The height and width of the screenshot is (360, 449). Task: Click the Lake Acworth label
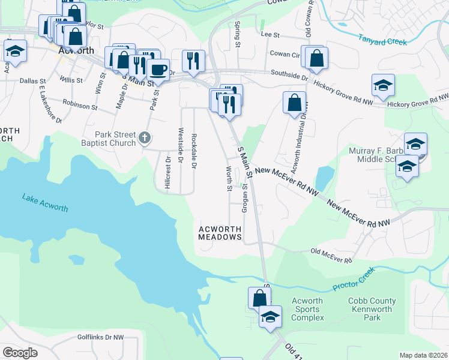tap(45, 202)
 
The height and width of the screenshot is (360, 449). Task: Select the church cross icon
tap(144, 139)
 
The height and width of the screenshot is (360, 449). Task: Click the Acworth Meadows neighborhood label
tap(220, 233)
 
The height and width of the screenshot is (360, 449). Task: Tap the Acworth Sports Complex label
tap(307, 309)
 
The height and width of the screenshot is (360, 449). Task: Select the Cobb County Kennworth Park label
tap(372, 309)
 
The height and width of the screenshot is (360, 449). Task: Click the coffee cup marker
tap(158, 70)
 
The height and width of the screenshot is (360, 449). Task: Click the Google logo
tap(19, 353)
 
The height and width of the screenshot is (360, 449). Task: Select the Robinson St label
tap(79, 106)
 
